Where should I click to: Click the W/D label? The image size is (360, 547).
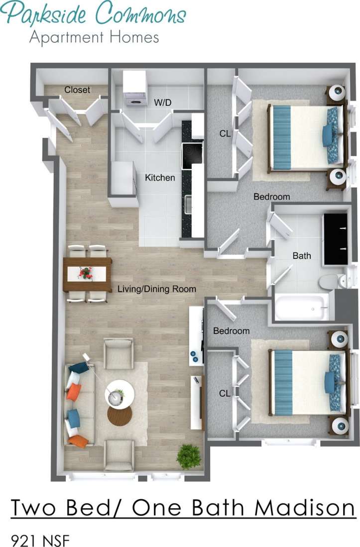(x=162, y=103)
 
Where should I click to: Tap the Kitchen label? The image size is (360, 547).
(x=160, y=177)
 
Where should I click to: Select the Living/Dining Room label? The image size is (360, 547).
(x=157, y=289)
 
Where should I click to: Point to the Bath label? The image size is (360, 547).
(x=302, y=255)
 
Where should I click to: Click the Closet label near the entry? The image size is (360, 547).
(x=77, y=90)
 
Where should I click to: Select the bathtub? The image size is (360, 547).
(x=302, y=307)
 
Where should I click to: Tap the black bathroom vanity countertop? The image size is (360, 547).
(x=335, y=239)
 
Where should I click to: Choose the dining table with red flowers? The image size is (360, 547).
(x=87, y=274)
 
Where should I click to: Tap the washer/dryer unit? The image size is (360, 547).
(x=134, y=90)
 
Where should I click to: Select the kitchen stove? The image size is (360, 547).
(x=191, y=155)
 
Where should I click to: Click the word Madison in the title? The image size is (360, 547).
(x=305, y=508)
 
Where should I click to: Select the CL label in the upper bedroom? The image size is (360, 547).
(x=225, y=133)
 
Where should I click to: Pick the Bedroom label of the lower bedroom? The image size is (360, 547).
(x=231, y=331)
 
